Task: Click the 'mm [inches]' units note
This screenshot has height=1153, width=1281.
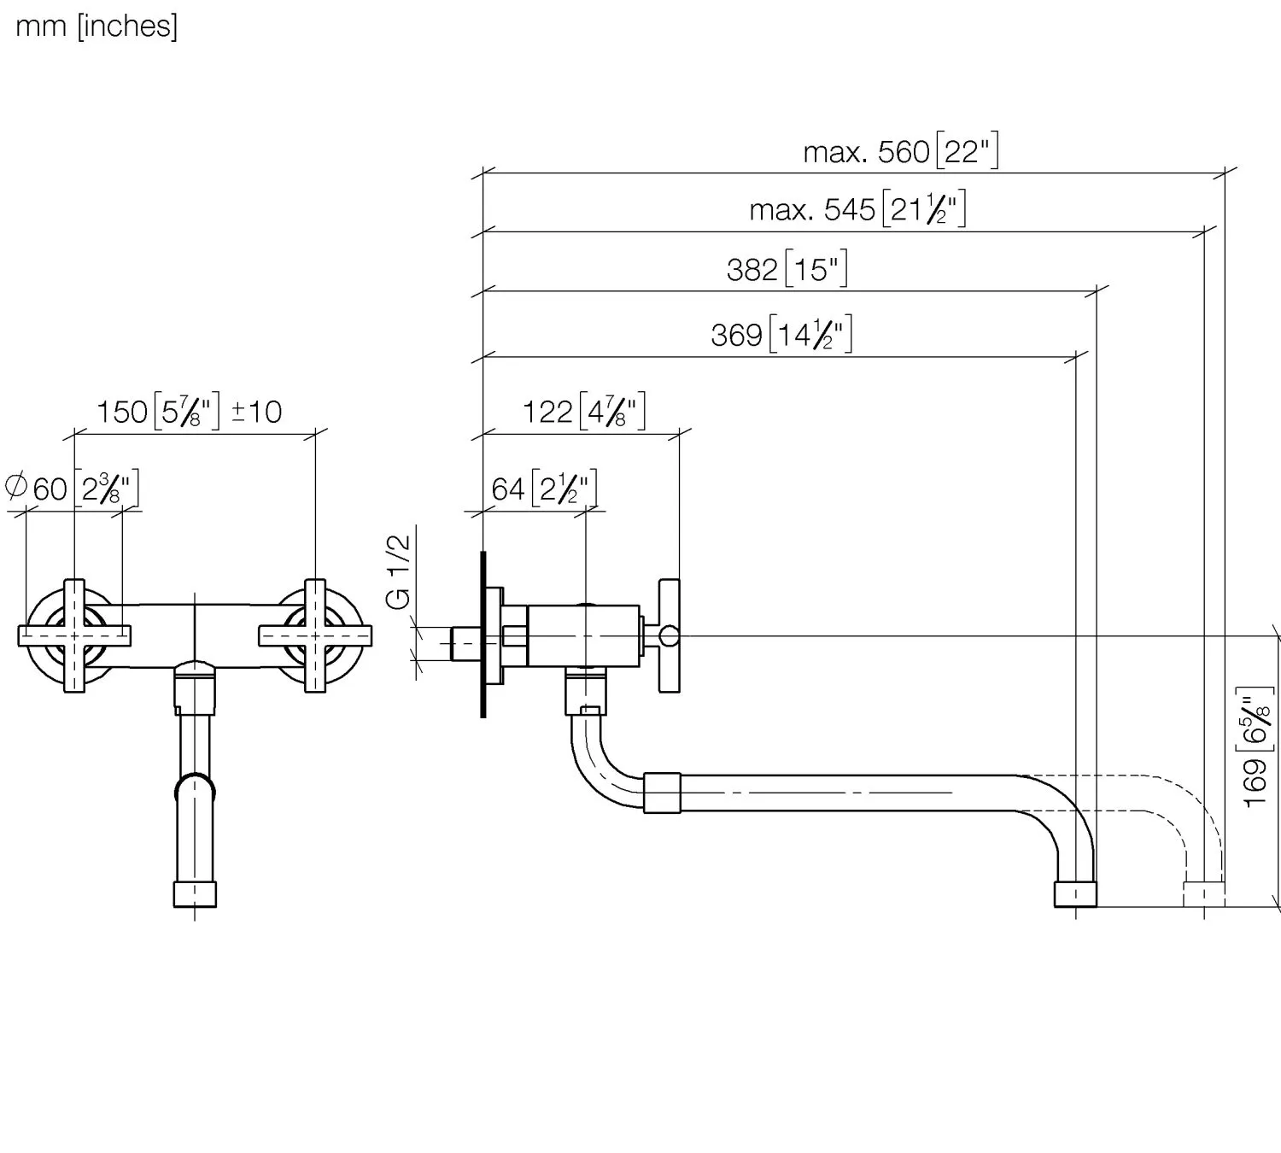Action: pyautogui.click(x=97, y=26)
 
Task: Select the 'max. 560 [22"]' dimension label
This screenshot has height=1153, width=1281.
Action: pyautogui.click(x=900, y=152)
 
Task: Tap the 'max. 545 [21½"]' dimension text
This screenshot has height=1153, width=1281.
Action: pyautogui.click(x=857, y=209)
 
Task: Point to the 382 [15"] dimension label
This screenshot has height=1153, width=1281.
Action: pyautogui.click(x=787, y=270)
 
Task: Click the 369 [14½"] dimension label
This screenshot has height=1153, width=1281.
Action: pyautogui.click(x=781, y=334)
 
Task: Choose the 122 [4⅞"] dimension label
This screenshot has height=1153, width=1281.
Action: pyautogui.click(x=583, y=412)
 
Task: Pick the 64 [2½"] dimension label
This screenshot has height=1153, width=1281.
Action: pyautogui.click(x=544, y=489)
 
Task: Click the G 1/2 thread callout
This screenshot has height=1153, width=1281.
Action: pyautogui.click(x=399, y=571)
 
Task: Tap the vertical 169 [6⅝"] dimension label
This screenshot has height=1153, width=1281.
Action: pyautogui.click(x=1256, y=747)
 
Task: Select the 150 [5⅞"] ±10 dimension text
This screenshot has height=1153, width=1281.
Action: pyautogui.click(x=189, y=412)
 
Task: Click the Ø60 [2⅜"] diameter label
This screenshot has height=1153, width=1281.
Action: pyautogui.click(x=73, y=489)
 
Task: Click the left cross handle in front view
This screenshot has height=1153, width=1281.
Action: pyautogui.click(x=75, y=635)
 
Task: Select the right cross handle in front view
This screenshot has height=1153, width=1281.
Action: pyautogui.click(x=315, y=635)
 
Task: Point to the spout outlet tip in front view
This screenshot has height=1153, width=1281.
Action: pyautogui.click(x=195, y=894)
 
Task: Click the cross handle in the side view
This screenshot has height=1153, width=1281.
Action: pyautogui.click(x=669, y=635)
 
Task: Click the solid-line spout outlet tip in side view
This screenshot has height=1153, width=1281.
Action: pyautogui.click(x=1075, y=894)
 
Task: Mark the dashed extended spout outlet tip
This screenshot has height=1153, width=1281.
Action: pyautogui.click(x=1203, y=894)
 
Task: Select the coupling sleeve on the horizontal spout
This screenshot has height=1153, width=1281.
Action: pyautogui.click(x=662, y=793)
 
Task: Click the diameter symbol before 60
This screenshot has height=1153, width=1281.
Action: pyautogui.click(x=16, y=487)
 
